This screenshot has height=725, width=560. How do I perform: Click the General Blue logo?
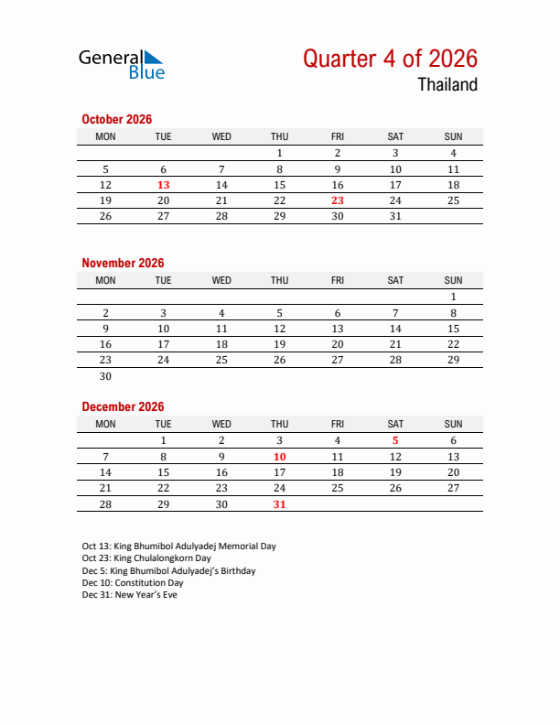pos(121,63)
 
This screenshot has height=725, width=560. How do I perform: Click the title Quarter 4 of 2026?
pos(390,59)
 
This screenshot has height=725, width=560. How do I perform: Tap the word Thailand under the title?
pos(447,85)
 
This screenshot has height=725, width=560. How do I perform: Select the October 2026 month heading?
pos(116,119)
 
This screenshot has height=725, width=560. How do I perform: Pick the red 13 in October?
pos(164,185)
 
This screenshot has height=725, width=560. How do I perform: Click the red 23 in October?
pos(338,200)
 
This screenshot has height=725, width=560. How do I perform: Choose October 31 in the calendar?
pos(395,216)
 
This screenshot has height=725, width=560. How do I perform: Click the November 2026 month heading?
pos(123,263)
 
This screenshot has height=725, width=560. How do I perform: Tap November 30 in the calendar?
pos(105,375)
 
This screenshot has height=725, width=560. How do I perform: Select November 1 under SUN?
pos(453,297)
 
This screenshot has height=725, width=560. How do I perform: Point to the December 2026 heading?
pos(123,406)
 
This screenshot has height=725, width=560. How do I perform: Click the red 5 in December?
pos(395,440)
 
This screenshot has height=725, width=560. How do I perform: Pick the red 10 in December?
pos(280,456)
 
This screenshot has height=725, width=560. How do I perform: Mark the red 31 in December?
pos(280,503)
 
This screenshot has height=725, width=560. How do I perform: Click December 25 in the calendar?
pos(338,488)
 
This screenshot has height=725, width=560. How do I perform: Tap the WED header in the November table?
pos(221,280)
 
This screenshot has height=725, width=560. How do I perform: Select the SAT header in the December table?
pos(395,424)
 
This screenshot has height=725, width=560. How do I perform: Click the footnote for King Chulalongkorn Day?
pos(146,558)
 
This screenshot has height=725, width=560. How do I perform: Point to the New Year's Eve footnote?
pos(129,595)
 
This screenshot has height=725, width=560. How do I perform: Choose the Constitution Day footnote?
pos(133,583)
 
